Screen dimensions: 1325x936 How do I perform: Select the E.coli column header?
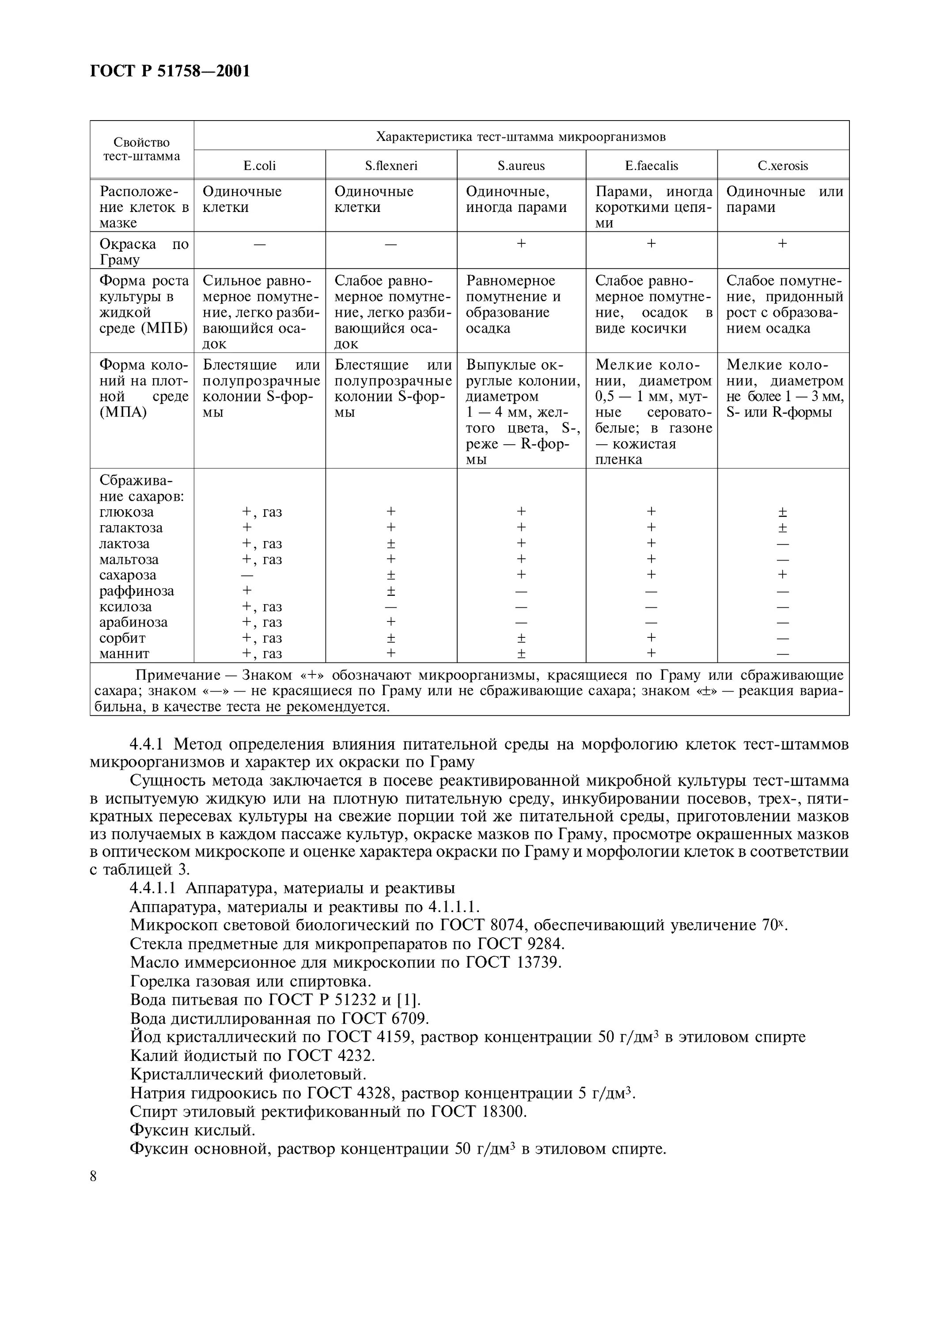coord(260,166)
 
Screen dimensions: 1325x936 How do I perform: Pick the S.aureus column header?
coord(521,166)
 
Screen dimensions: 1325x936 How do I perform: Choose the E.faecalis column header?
coord(652,166)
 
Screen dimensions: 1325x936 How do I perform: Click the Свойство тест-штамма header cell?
coord(141,149)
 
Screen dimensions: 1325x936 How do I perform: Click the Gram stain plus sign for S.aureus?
coord(521,243)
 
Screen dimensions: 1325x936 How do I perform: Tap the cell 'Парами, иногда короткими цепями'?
coord(653,207)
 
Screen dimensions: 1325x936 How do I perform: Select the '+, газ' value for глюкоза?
coord(262,512)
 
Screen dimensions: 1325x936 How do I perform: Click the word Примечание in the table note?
coord(177,675)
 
